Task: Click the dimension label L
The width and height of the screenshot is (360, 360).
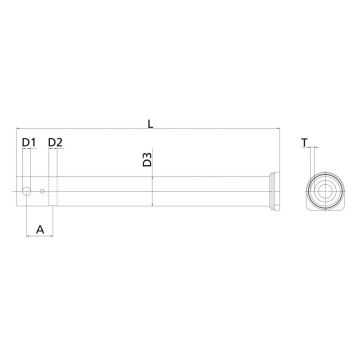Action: [149, 124]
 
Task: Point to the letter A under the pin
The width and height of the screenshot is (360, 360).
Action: [39, 230]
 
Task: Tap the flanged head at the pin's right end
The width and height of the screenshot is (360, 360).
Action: [272, 190]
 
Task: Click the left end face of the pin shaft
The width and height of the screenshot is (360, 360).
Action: [18, 190]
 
